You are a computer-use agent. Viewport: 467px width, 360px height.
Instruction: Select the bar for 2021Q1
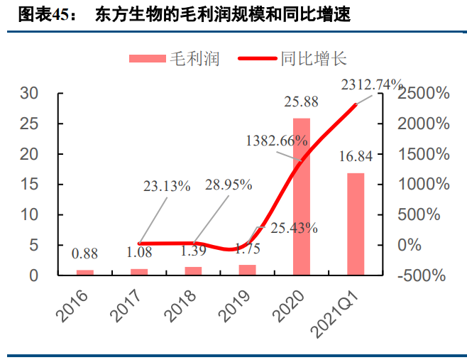click(x=355, y=224)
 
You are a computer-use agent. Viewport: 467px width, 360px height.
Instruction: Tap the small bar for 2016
click(x=85, y=272)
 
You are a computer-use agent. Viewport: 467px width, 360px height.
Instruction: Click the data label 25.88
click(x=301, y=103)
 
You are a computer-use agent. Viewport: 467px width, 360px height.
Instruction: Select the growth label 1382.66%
click(x=277, y=141)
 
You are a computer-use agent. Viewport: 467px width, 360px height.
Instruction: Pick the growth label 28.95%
click(x=229, y=185)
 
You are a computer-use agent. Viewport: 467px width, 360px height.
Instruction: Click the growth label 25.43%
click(x=292, y=229)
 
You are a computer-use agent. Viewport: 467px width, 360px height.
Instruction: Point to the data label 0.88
click(x=84, y=253)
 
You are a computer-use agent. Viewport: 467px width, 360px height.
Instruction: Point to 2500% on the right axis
click(x=423, y=94)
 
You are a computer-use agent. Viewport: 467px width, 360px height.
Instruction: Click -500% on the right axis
click(x=423, y=276)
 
